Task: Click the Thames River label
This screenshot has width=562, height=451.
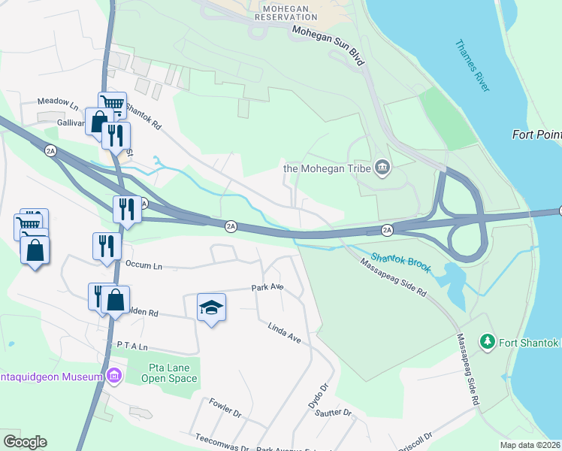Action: tap(472, 65)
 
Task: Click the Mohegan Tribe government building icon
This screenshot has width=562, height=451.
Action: tap(382, 166)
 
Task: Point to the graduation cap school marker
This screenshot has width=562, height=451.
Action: tap(212, 307)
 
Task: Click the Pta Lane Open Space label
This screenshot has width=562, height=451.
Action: tap(169, 373)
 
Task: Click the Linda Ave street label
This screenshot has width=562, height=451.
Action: tap(284, 333)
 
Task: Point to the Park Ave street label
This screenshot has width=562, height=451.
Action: tap(267, 288)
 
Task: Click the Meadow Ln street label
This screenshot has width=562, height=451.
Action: tap(58, 101)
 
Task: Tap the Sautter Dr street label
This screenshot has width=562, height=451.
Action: tap(334, 413)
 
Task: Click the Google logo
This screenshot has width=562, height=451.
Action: tap(25, 441)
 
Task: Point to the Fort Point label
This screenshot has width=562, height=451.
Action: tap(536, 135)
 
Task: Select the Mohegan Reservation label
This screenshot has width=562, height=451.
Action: tap(286, 11)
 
